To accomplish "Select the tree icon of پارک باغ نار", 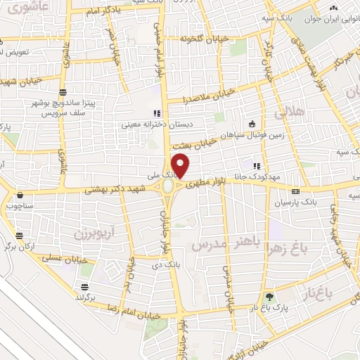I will point(270,297).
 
